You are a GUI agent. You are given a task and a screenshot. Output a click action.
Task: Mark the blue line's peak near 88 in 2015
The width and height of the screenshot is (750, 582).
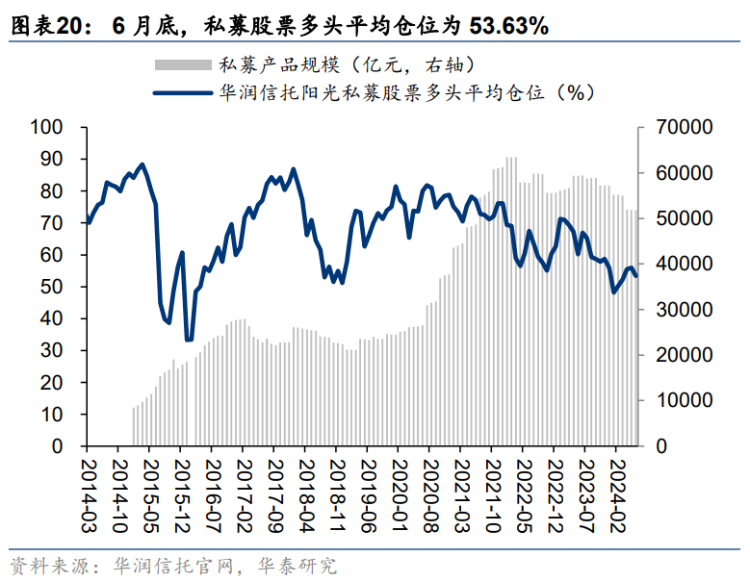142,164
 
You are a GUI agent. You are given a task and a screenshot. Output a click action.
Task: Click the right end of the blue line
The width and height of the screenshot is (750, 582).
635,275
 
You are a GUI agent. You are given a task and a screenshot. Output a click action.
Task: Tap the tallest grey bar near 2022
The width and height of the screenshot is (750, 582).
510,158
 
